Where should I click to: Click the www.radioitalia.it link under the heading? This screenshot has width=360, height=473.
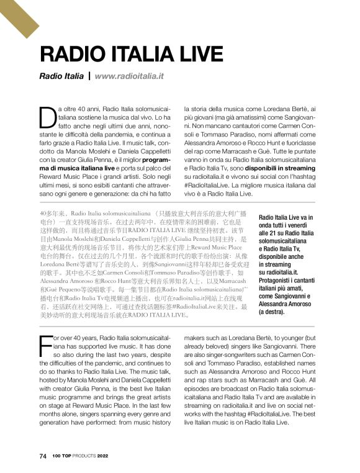click(129, 76)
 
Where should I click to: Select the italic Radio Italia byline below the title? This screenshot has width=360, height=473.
click(61, 76)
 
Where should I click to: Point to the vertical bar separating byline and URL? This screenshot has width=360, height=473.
click(89, 76)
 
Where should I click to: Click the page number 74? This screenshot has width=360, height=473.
click(43, 455)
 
